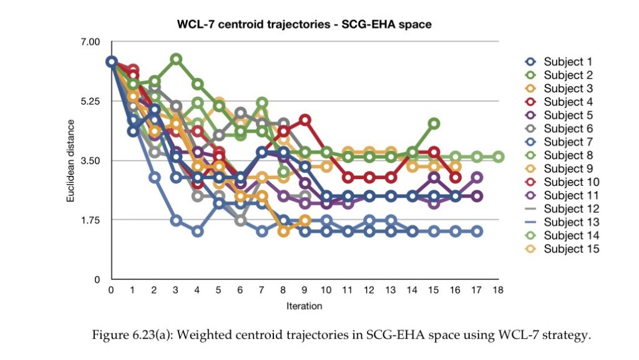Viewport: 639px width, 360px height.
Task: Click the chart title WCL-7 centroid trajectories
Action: tap(253, 24)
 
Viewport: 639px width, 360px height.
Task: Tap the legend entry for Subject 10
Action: tap(562, 182)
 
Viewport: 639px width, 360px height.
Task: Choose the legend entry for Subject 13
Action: tap(562, 222)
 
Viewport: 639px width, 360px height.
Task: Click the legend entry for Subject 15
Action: tap(562, 249)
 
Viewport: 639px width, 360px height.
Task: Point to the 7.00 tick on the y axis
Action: tap(90, 42)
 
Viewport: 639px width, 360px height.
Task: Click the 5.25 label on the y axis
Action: tap(90, 102)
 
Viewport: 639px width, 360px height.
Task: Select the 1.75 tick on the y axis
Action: tap(90, 220)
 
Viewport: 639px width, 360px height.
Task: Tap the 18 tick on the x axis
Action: tap(498, 290)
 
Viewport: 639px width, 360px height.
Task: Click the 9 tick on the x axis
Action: tap(305, 290)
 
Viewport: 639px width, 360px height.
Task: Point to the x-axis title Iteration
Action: tap(304, 306)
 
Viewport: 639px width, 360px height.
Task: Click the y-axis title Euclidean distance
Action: tap(71, 161)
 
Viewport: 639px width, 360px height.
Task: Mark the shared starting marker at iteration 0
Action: tap(111, 62)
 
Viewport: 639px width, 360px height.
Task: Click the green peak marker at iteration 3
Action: tap(176, 59)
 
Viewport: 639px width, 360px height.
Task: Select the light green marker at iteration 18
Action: tap(499, 157)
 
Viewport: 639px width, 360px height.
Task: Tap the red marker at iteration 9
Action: tap(305, 120)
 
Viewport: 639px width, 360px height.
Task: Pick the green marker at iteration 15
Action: tap(434, 124)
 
